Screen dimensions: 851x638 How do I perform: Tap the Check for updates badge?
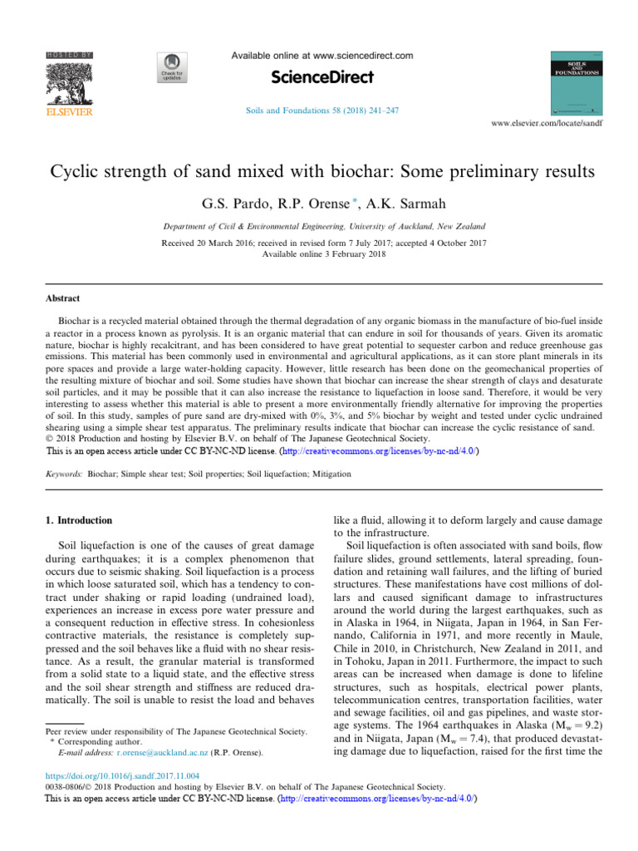click(170, 68)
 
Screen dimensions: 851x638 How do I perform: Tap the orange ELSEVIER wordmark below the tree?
click(69, 111)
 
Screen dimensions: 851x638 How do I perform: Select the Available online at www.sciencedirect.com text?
click(321, 56)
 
